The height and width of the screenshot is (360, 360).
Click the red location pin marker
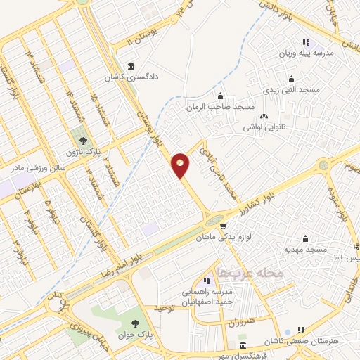click(181, 165)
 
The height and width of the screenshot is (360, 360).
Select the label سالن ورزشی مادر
click(37, 168)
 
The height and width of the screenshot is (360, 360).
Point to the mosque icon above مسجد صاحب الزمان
click(221, 96)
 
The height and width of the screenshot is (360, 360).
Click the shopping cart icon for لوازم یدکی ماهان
click(223, 226)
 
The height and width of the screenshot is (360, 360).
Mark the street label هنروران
click(240, 325)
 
